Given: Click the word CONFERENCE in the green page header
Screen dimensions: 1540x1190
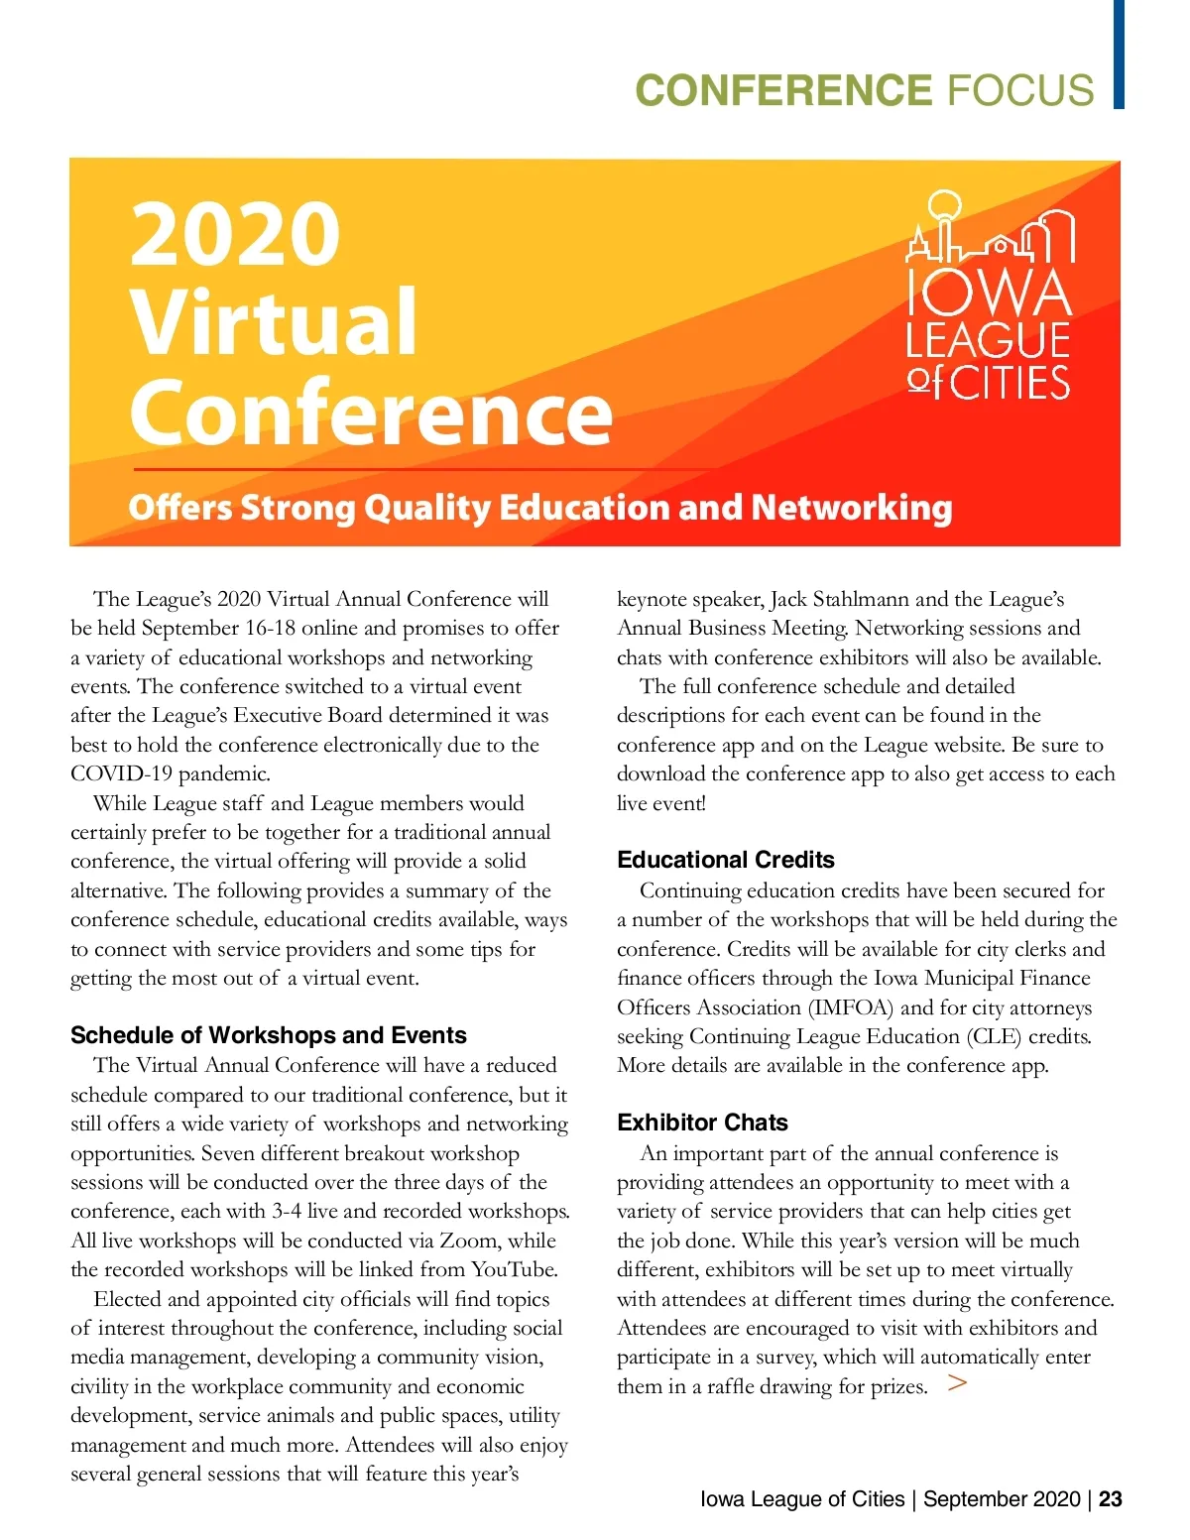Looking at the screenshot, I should click(x=783, y=90).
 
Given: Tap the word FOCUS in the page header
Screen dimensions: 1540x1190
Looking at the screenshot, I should click(x=1020, y=90).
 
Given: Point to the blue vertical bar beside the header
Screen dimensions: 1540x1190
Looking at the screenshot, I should click(x=1119, y=54).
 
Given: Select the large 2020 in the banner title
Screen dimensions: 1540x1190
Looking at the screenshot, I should click(x=235, y=234).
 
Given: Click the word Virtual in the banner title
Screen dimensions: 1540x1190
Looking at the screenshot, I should click(x=274, y=322).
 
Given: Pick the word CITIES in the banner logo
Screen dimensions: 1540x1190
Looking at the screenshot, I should click(x=1011, y=384).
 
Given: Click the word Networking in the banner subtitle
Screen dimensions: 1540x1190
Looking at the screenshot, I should click(x=851, y=508).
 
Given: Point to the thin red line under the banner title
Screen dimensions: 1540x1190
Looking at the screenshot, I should click(x=426, y=469).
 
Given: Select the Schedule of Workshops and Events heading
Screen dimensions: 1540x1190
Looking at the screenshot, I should click(x=268, y=1035).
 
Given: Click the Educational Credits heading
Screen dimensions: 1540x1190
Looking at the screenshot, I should click(x=725, y=860).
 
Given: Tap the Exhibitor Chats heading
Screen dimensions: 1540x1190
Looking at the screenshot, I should click(x=702, y=1123).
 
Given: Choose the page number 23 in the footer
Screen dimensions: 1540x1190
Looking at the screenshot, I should click(x=1111, y=1498).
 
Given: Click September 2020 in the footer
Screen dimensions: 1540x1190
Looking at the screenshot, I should click(x=1001, y=1498).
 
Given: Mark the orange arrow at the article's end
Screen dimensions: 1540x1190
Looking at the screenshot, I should click(x=956, y=1383).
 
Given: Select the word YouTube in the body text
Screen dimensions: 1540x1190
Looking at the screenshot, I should click(x=513, y=1269).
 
